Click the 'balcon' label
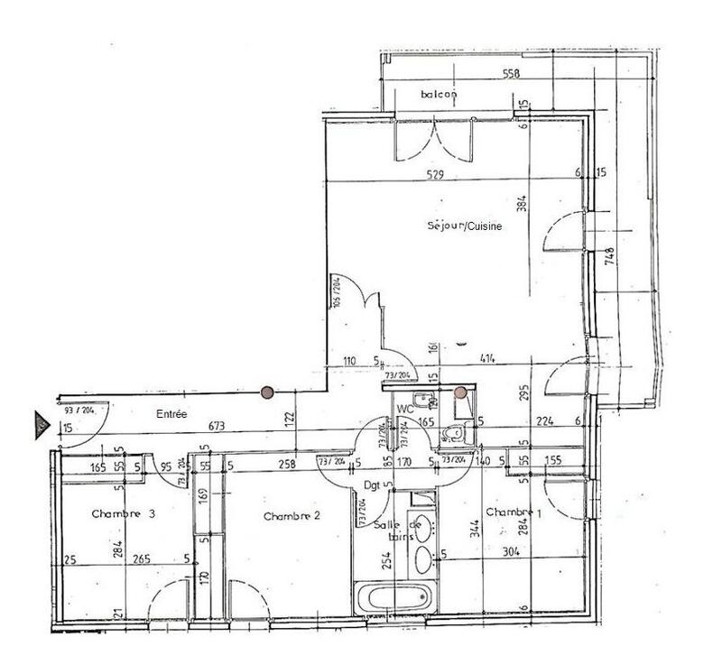(x=440, y=94)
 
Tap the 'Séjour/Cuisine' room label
(x=465, y=226)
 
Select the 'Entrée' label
(x=171, y=414)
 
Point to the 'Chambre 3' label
(x=125, y=513)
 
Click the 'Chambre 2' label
(x=293, y=516)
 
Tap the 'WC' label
(x=405, y=409)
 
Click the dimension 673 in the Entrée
(x=215, y=426)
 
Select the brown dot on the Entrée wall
(x=266, y=392)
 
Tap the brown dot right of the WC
(x=461, y=392)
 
